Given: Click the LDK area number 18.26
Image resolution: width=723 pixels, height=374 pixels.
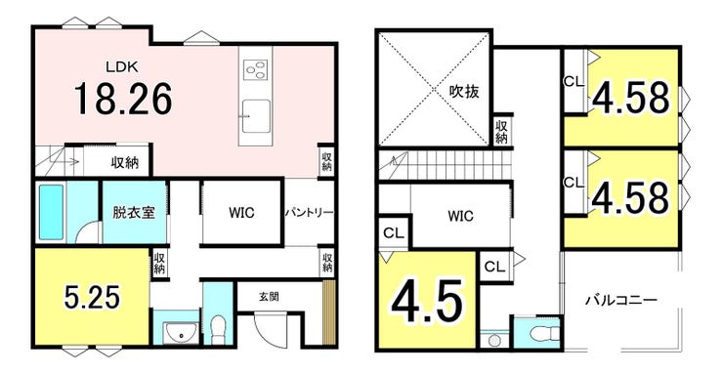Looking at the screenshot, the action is click(x=123, y=99).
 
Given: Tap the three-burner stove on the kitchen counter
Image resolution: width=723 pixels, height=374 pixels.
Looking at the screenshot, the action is click(x=255, y=70).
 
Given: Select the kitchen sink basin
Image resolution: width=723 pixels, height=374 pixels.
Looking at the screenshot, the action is click(x=256, y=115).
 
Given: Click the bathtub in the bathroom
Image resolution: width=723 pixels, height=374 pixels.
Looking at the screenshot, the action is click(x=51, y=212).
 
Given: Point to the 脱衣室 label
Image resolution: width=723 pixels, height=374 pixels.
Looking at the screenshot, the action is click(x=134, y=212).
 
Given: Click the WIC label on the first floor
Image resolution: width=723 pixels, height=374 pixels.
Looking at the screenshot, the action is click(x=241, y=213).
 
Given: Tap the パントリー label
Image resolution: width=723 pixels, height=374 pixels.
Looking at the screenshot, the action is click(x=309, y=213).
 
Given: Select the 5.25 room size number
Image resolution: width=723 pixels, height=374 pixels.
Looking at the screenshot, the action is click(x=92, y=297).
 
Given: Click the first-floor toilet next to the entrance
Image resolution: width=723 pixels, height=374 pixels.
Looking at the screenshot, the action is click(x=218, y=329).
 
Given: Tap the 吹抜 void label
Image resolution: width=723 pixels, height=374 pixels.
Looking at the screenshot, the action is click(x=464, y=91).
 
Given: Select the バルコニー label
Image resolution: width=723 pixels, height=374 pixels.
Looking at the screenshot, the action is click(x=621, y=301).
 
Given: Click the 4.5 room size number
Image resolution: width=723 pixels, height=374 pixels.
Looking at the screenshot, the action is click(x=427, y=302).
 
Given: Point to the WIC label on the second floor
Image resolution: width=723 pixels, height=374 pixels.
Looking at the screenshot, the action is click(x=461, y=216).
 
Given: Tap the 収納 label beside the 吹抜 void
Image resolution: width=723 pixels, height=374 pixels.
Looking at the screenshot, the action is click(x=502, y=131).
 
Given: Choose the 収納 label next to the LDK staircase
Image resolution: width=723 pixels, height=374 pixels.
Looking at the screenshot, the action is click(x=125, y=163).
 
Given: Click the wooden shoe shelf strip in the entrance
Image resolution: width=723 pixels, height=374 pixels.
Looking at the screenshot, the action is click(x=328, y=312).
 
